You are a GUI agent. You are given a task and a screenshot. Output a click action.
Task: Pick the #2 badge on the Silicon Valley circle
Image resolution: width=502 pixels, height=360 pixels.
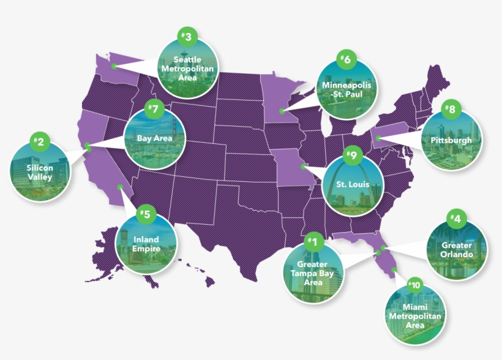coord(39,143)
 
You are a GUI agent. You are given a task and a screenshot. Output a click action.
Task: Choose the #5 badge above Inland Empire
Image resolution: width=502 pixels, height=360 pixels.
coord(145,214)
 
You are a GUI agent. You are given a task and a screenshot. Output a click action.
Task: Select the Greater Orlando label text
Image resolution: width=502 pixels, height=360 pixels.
coord(457,250)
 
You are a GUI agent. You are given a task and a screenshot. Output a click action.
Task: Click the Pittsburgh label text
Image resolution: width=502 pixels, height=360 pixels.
coord(451,140)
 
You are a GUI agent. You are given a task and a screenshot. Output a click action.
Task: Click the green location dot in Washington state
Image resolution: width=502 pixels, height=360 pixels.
coord(114,65)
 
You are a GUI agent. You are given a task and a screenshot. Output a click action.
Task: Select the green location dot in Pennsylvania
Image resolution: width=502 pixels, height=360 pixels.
coord(378,138)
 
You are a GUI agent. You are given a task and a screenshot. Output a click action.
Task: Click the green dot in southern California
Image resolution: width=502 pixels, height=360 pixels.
coord(120,187)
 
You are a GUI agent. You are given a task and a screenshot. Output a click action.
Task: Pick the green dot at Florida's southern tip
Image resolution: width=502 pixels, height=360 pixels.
coord(394,269)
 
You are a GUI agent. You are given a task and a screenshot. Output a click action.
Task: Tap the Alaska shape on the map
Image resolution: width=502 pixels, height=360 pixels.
coord(116,251)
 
